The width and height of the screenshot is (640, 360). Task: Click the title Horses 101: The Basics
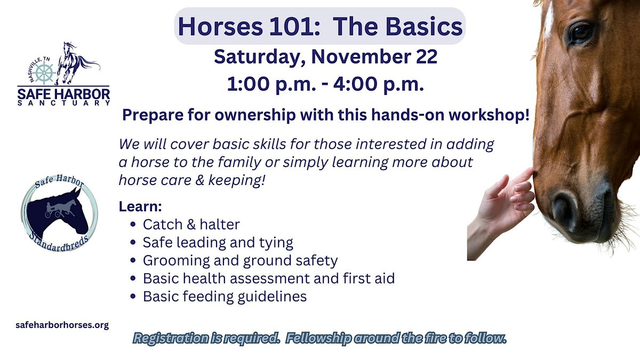tap(320, 26)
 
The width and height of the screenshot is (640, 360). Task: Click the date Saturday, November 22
tap(325, 57)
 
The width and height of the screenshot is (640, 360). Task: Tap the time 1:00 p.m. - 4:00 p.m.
tap(325, 84)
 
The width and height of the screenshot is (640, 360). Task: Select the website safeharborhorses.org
tap(63, 325)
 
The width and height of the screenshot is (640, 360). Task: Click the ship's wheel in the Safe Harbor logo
tap(45, 73)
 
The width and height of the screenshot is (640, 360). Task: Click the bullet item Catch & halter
tap(191, 225)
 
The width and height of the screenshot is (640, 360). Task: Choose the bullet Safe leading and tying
tap(218, 243)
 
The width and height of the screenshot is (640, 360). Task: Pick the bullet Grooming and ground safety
tap(240, 260)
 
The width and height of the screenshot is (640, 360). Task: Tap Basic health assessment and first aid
tap(268, 278)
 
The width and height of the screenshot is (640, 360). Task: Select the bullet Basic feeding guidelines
tap(225, 296)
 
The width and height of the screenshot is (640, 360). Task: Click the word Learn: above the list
tap(140, 206)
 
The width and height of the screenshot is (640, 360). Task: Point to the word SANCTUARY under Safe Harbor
tap(63, 103)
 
